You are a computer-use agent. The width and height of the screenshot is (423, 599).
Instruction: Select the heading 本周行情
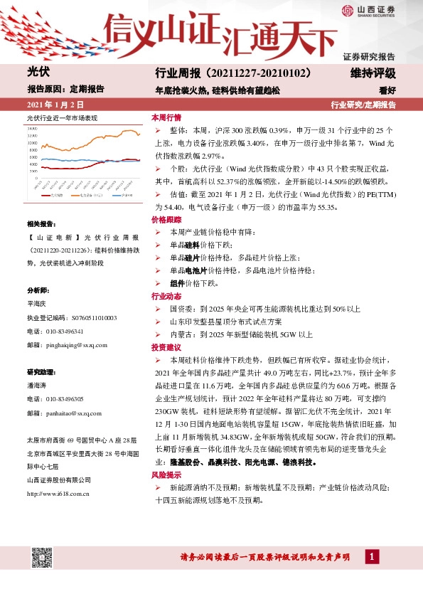pos(166,117)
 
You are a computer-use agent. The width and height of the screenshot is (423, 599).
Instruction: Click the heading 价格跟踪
pos(166,221)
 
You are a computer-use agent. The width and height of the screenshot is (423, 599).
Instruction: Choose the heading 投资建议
pos(166,348)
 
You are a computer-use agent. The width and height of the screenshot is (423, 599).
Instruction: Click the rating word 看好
pos(387,90)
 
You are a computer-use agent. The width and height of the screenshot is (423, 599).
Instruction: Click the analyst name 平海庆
pos(37,304)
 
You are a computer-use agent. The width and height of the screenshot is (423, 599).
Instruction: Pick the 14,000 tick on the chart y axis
pos(31,129)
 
